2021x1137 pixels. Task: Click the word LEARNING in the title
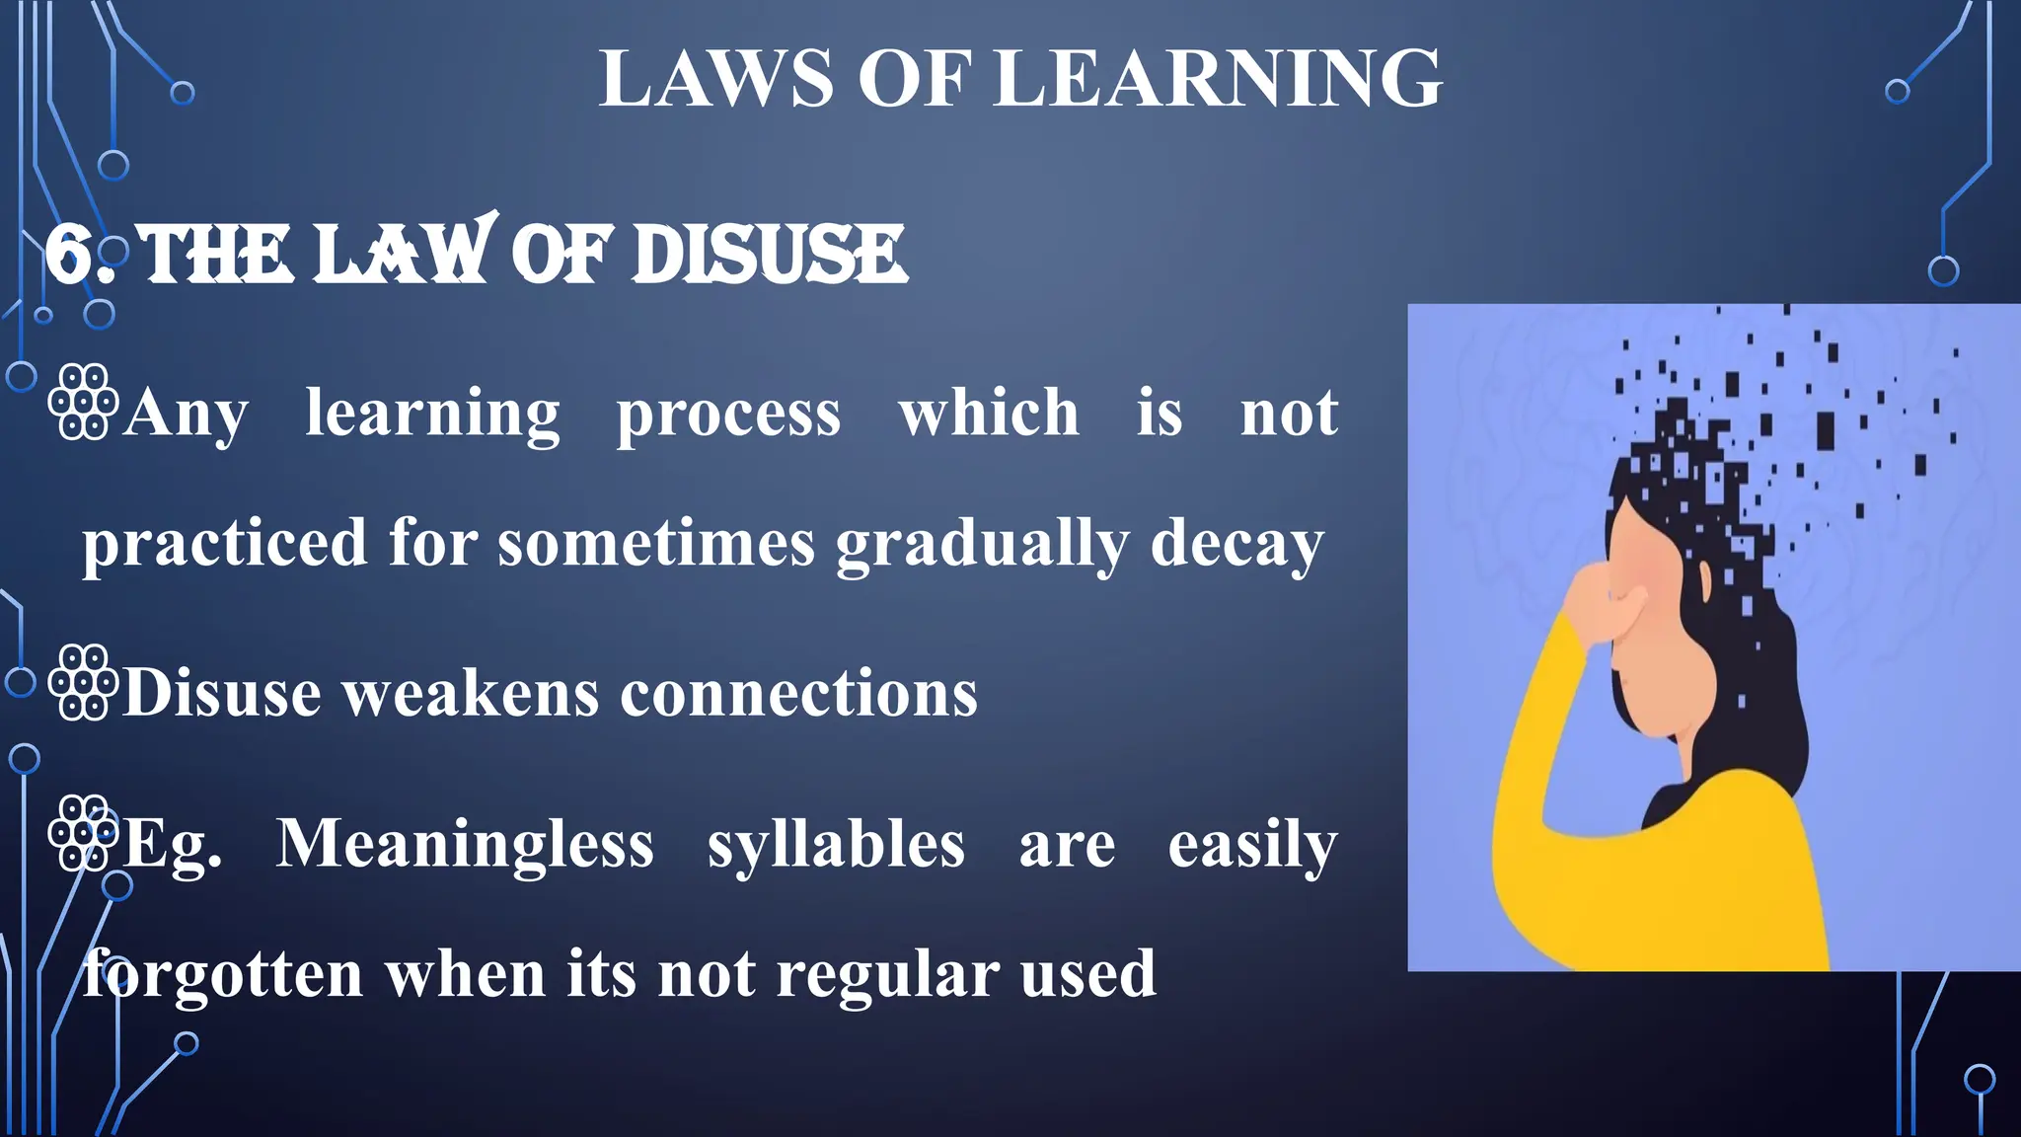point(1218,79)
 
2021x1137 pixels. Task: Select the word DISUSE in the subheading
point(769,255)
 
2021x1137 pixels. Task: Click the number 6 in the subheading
point(69,255)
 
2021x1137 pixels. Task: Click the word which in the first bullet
point(989,413)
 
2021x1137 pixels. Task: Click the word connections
point(798,693)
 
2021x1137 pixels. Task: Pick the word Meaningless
point(465,845)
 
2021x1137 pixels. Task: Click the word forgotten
point(223,975)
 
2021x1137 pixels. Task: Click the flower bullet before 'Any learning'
point(84,402)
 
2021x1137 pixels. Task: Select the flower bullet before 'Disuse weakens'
point(84,682)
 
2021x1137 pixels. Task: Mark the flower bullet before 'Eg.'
point(84,832)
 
